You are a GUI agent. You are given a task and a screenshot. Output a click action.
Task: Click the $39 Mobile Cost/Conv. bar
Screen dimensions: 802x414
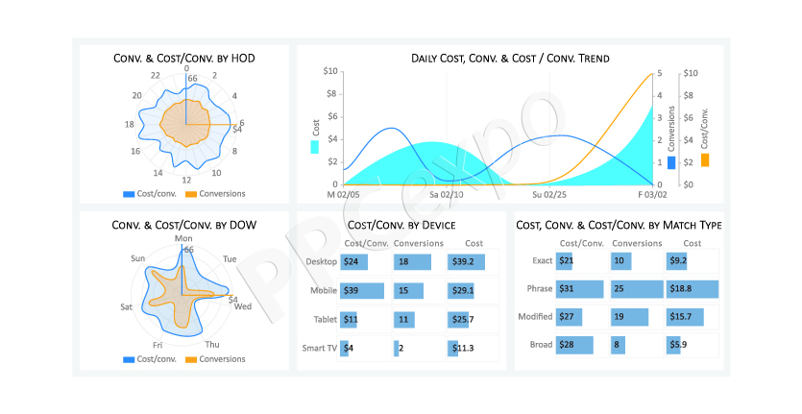pos(362,291)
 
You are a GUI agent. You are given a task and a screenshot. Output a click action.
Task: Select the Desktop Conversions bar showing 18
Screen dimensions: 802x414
pos(412,262)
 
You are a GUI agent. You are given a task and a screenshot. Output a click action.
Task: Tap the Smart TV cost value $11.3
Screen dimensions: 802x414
pos(463,348)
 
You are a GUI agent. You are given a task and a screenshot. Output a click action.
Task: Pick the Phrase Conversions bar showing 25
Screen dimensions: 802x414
pos(637,288)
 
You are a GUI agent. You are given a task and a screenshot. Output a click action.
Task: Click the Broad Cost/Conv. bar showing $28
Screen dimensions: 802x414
pos(575,345)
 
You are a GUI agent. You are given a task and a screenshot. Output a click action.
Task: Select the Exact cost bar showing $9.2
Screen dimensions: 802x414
pos(676,261)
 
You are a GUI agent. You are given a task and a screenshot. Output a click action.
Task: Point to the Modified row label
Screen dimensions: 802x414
pos(535,317)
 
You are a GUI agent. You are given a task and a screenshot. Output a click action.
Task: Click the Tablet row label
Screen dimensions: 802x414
pos(326,319)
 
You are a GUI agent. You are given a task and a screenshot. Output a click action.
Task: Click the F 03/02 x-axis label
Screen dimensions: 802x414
pos(652,195)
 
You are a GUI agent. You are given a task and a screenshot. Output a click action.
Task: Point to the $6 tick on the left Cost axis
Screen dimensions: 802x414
pos(332,116)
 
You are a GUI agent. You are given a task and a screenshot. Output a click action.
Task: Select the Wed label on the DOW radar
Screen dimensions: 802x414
pos(243,306)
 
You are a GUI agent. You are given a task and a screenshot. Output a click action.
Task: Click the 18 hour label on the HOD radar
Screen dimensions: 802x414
pos(130,124)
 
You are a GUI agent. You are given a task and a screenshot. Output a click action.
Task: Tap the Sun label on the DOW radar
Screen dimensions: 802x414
pos(138,258)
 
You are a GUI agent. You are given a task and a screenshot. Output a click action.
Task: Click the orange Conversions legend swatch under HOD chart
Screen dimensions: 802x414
pos(191,194)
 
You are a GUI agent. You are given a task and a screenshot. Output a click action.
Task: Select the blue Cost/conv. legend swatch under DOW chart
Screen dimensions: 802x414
pos(129,360)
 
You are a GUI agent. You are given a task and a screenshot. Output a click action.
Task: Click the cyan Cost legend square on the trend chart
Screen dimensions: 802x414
pos(315,147)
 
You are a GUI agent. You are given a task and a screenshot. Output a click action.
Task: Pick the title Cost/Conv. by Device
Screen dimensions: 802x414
pos(401,225)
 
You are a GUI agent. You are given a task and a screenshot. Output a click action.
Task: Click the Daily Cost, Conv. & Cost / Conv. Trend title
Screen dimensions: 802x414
pos(510,59)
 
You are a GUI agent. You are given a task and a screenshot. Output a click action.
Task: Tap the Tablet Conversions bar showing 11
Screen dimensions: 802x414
pos(404,320)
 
